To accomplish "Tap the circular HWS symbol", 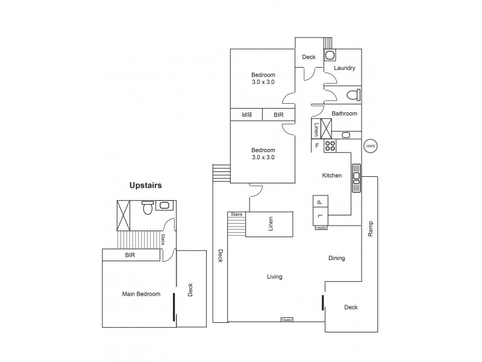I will click(371, 147).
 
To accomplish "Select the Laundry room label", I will click(344, 68).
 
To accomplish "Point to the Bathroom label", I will click(345, 113).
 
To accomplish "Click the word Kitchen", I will click(332, 176).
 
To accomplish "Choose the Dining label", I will click(336, 258).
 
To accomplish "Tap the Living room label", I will click(274, 277).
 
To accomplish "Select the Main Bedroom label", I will click(141, 294).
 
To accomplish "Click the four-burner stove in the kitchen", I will click(330, 145).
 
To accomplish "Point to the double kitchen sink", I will click(356, 177).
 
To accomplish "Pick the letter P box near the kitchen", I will click(319, 202).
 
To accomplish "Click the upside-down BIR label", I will click(246, 114).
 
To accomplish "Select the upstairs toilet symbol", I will click(146, 208).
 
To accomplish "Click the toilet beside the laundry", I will click(355, 94).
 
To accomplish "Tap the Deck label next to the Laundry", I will click(308, 57).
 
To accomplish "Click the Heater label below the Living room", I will click(287, 320).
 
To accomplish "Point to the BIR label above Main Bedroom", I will click(130, 256).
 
